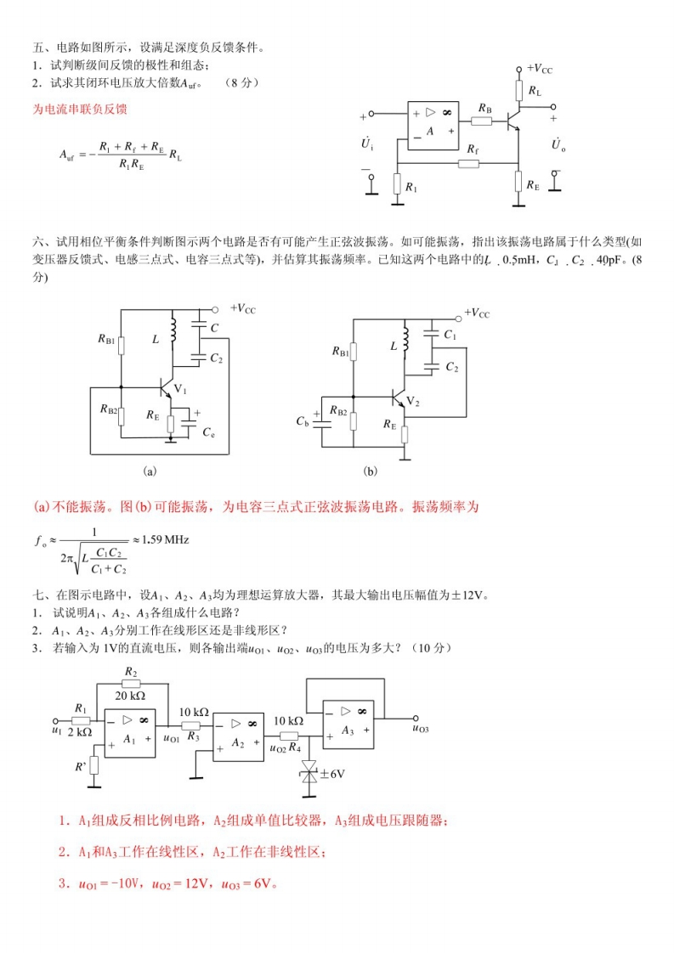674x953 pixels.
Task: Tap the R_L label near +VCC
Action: coord(534,89)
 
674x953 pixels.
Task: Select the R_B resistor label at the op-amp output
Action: coord(484,108)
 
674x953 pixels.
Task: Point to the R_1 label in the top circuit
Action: coord(411,186)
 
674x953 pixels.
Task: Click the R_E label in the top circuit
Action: coord(533,183)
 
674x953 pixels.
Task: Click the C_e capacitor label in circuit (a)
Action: coord(209,432)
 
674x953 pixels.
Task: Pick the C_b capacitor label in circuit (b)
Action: coord(303,421)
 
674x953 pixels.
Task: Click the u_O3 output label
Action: coord(420,729)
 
